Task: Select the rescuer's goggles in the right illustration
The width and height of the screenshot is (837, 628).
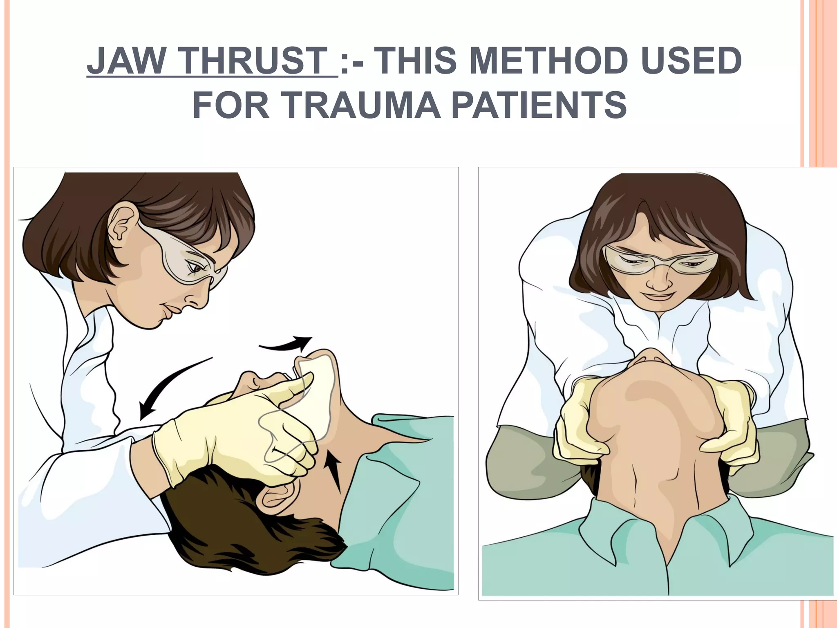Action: [x=660, y=260]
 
